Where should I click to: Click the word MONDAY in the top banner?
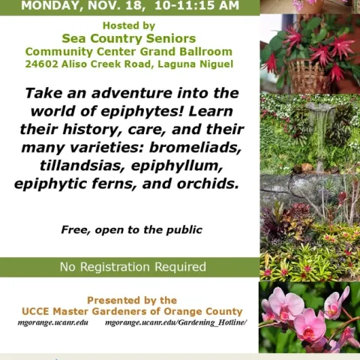pos(52,6)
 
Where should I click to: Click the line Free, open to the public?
pos(131,229)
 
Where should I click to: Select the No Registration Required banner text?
pos(133,267)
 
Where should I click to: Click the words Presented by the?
pos(131,300)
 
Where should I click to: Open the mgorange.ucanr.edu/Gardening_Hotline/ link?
pos(175,323)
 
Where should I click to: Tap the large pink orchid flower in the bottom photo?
pos(309,323)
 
